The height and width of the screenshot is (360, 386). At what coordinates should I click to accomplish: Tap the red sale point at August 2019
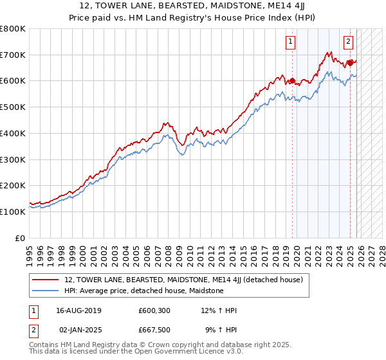coord(292,81)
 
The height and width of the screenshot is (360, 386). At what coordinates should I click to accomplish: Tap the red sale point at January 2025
coord(351,63)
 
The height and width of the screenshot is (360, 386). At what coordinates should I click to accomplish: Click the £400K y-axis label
coord(13,134)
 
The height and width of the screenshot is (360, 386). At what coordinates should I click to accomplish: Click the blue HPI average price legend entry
coord(143,291)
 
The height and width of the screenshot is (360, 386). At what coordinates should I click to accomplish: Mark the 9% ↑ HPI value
coord(221,329)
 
